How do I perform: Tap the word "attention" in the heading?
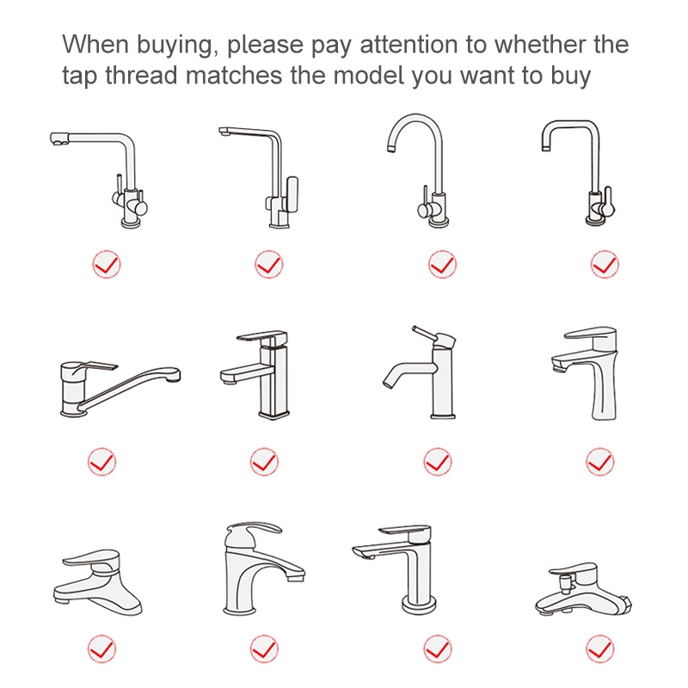[x=409, y=45]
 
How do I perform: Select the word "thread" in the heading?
[x=140, y=75]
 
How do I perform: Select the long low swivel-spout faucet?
[x=120, y=389]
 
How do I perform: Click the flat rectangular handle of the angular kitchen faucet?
[x=292, y=193]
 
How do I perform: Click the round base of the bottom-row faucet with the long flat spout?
[x=420, y=606]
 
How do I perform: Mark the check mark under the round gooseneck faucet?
[x=442, y=265]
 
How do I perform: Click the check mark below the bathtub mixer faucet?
[x=600, y=649]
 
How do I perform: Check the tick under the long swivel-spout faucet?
[x=101, y=462]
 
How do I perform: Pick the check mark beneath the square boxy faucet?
[x=264, y=462]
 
